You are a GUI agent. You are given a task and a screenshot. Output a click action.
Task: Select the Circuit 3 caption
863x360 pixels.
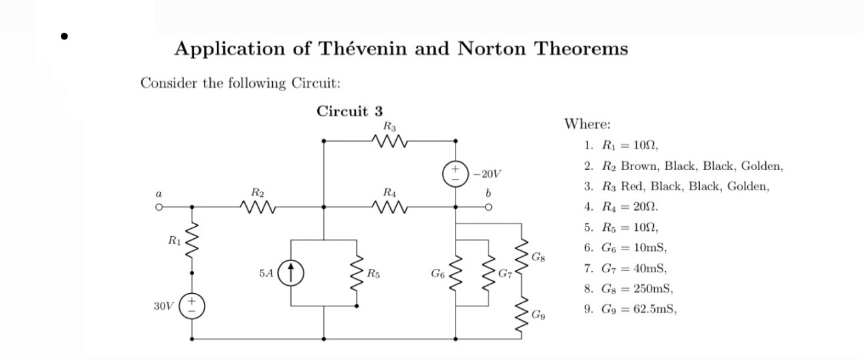point(349,111)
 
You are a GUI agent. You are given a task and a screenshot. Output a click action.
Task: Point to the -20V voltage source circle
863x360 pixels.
point(457,174)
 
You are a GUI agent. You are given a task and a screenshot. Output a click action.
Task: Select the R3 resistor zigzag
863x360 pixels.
point(388,141)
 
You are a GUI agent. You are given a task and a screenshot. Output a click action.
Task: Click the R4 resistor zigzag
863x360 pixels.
point(388,207)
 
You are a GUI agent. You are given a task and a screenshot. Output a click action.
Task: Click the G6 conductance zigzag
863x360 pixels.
point(456,274)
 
